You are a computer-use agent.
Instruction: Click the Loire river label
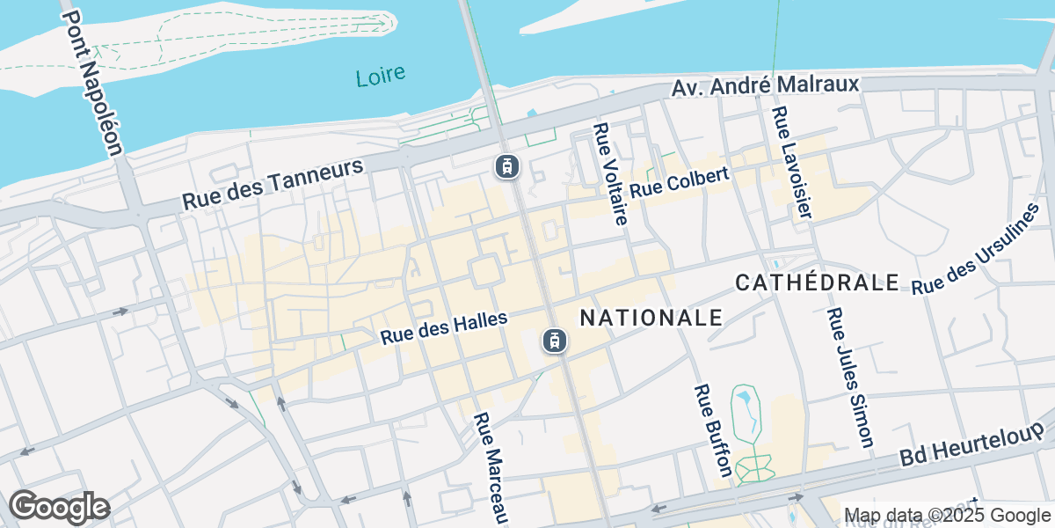tap(381, 76)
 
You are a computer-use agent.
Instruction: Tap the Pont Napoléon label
tap(92, 83)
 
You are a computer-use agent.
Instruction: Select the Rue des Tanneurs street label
tap(273, 184)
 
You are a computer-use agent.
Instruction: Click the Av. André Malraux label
tap(765, 86)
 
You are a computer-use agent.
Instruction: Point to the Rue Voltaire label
tap(610, 173)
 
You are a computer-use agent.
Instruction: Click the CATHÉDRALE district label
tap(817, 282)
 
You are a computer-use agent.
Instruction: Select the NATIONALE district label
tap(651, 318)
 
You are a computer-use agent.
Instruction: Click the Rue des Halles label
tap(444, 328)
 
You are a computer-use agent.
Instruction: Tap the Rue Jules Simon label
tap(851, 377)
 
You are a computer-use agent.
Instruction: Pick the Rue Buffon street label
tap(713, 430)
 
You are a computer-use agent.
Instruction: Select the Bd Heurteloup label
tap(972, 444)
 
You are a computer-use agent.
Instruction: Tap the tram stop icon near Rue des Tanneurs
tap(505, 165)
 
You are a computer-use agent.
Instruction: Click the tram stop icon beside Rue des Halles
tap(553, 340)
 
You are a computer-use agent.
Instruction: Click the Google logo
tap(59, 507)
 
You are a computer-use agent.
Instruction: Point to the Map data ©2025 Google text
tap(945, 516)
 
